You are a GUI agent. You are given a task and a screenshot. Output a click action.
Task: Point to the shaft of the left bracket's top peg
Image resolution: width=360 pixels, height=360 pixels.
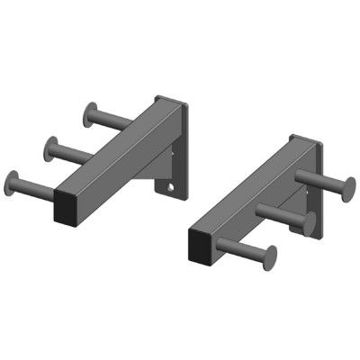coord(112,121)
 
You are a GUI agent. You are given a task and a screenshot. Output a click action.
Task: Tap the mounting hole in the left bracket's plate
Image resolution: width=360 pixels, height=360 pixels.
coord(166,188)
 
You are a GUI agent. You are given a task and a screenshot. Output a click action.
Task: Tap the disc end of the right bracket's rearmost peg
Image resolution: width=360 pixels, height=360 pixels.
coord(346,190)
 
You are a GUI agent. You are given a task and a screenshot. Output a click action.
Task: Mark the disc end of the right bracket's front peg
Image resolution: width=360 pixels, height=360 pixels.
coord(273,257)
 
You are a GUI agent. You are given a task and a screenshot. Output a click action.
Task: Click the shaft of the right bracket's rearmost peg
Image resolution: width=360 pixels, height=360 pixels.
coord(319,184)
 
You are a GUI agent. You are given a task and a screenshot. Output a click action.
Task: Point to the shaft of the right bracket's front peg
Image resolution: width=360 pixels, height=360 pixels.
coord(247,250)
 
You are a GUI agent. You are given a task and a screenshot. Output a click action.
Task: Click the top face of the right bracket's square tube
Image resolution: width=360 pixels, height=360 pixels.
coord(243,184)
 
